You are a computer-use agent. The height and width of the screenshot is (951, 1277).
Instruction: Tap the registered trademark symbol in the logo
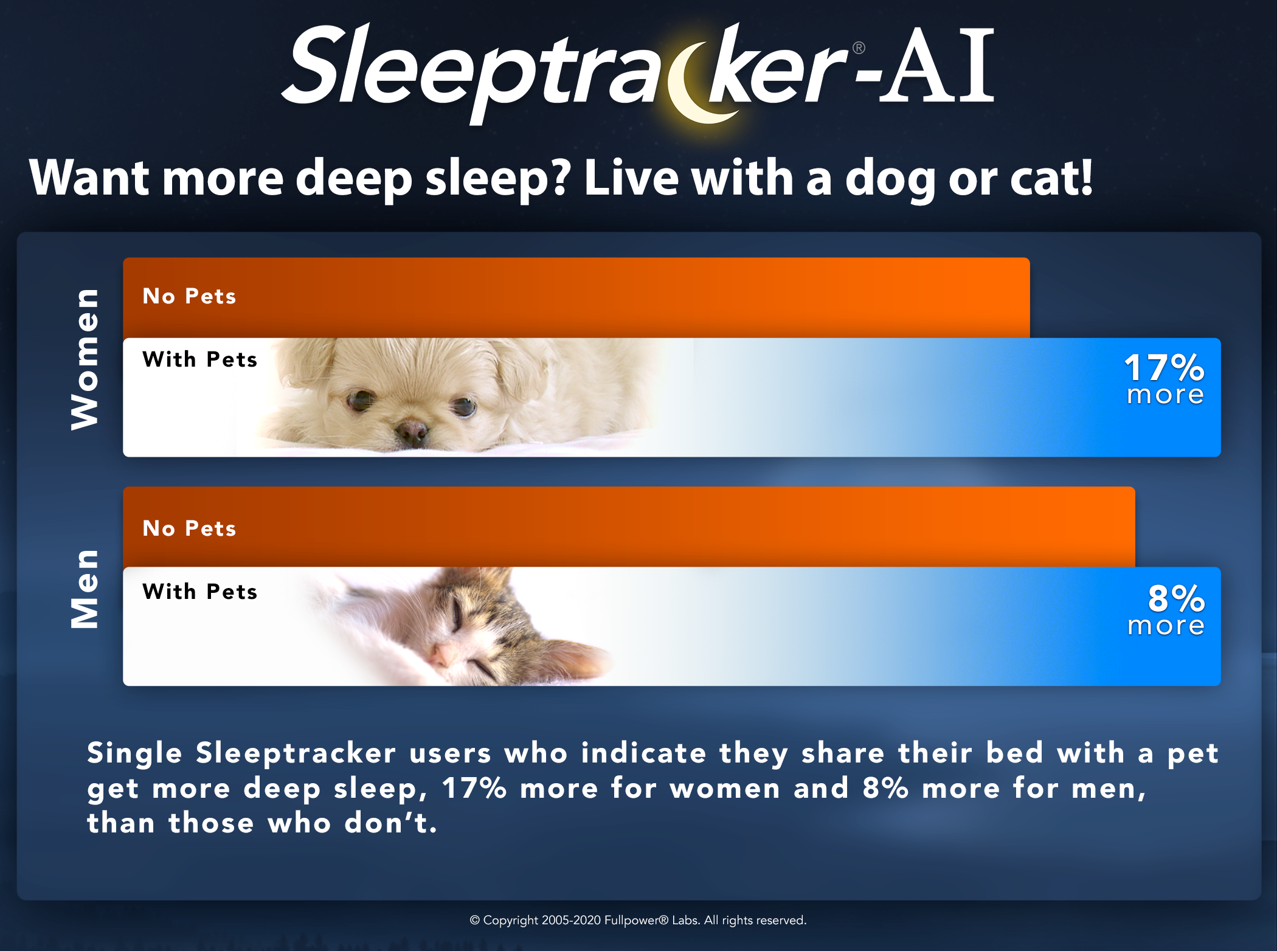[x=859, y=48]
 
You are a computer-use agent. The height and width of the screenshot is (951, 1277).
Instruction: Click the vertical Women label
[x=85, y=359]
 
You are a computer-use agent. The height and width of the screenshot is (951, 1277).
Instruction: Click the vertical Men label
[x=85, y=589]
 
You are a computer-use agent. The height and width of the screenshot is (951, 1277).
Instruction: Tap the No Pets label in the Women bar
[x=189, y=296]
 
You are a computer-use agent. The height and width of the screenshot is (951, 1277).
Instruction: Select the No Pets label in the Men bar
[x=189, y=528]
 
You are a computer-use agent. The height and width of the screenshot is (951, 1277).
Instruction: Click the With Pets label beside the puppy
[x=200, y=359]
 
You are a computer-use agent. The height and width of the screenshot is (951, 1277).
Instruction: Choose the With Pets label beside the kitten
[x=200, y=592]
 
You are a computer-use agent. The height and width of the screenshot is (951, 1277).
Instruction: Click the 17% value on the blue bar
[x=1164, y=368]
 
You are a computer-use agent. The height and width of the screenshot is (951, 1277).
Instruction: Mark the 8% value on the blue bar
[x=1176, y=598]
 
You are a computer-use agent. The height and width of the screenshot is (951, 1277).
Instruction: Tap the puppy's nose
[x=412, y=431]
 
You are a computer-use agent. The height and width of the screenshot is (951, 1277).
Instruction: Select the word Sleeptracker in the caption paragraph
[x=296, y=753]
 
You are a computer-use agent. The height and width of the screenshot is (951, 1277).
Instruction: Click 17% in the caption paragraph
[x=474, y=788]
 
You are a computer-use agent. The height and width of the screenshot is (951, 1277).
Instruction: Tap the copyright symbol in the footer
[x=475, y=921]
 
